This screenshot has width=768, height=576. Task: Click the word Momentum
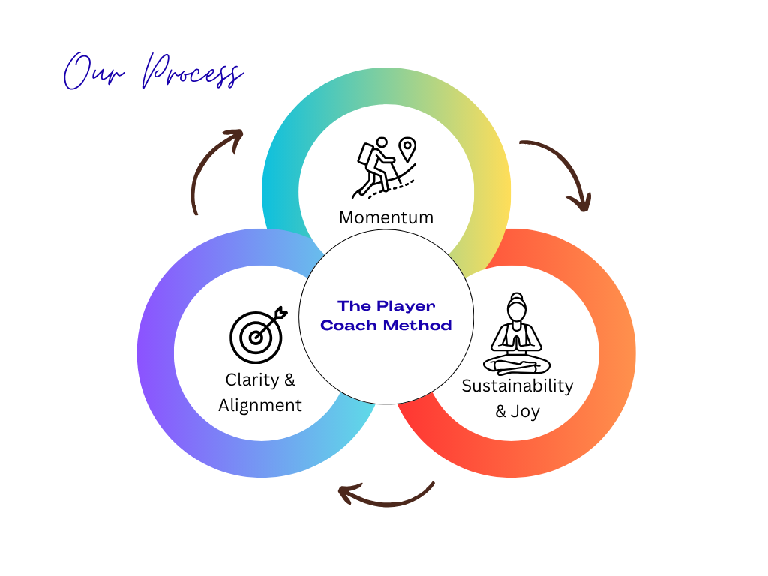tap(386, 217)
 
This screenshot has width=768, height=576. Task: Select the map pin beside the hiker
tap(407, 149)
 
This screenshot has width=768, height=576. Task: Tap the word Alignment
tap(260, 406)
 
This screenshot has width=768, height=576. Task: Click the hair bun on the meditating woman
tap(515, 296)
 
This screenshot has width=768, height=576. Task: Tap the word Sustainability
tap(517, 386)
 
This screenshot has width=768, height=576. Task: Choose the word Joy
tap(525, 412)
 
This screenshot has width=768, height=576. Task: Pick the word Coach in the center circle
tap(349, 325)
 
